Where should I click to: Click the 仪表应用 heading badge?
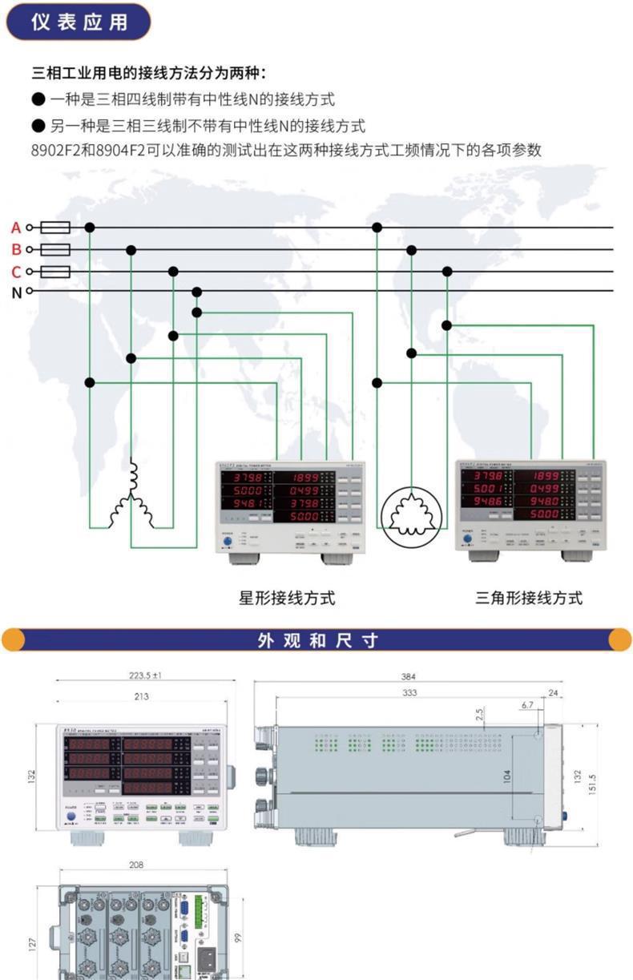79,22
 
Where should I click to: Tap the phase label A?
16,228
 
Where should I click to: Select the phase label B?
16,249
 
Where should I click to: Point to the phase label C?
16,271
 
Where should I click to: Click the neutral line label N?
16,292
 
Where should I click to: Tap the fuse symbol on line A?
54,228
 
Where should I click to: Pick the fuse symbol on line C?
54,272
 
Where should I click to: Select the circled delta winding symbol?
411,513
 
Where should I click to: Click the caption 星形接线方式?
287,597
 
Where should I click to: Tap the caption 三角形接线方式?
529,597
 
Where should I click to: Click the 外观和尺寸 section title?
317,640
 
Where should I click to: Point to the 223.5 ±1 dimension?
145,676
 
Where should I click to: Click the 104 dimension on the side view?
506,776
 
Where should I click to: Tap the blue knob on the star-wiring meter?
228,542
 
